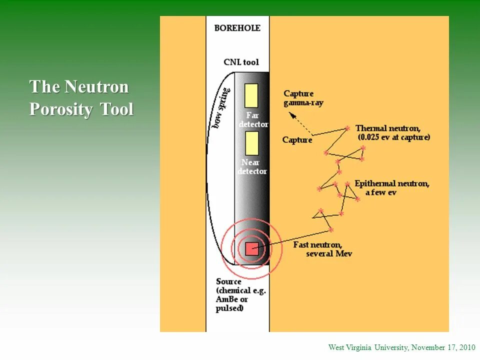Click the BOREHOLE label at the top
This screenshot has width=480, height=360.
coord(237,28)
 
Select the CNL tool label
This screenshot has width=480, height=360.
coord(241,62)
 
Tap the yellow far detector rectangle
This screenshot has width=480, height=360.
coord(251,95)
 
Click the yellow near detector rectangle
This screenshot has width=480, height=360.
coord(251,143)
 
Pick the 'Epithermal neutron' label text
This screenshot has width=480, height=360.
coord(391,183)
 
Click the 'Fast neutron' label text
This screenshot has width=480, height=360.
coord(317,244)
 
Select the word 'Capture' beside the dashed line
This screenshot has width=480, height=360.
coord(297,140)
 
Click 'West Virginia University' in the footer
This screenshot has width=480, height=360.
coord(368,347)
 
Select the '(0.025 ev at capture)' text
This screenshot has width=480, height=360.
coord(393,137)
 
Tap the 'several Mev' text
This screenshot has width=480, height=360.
coord(329,253)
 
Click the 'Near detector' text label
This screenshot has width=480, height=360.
coord(252,166)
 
